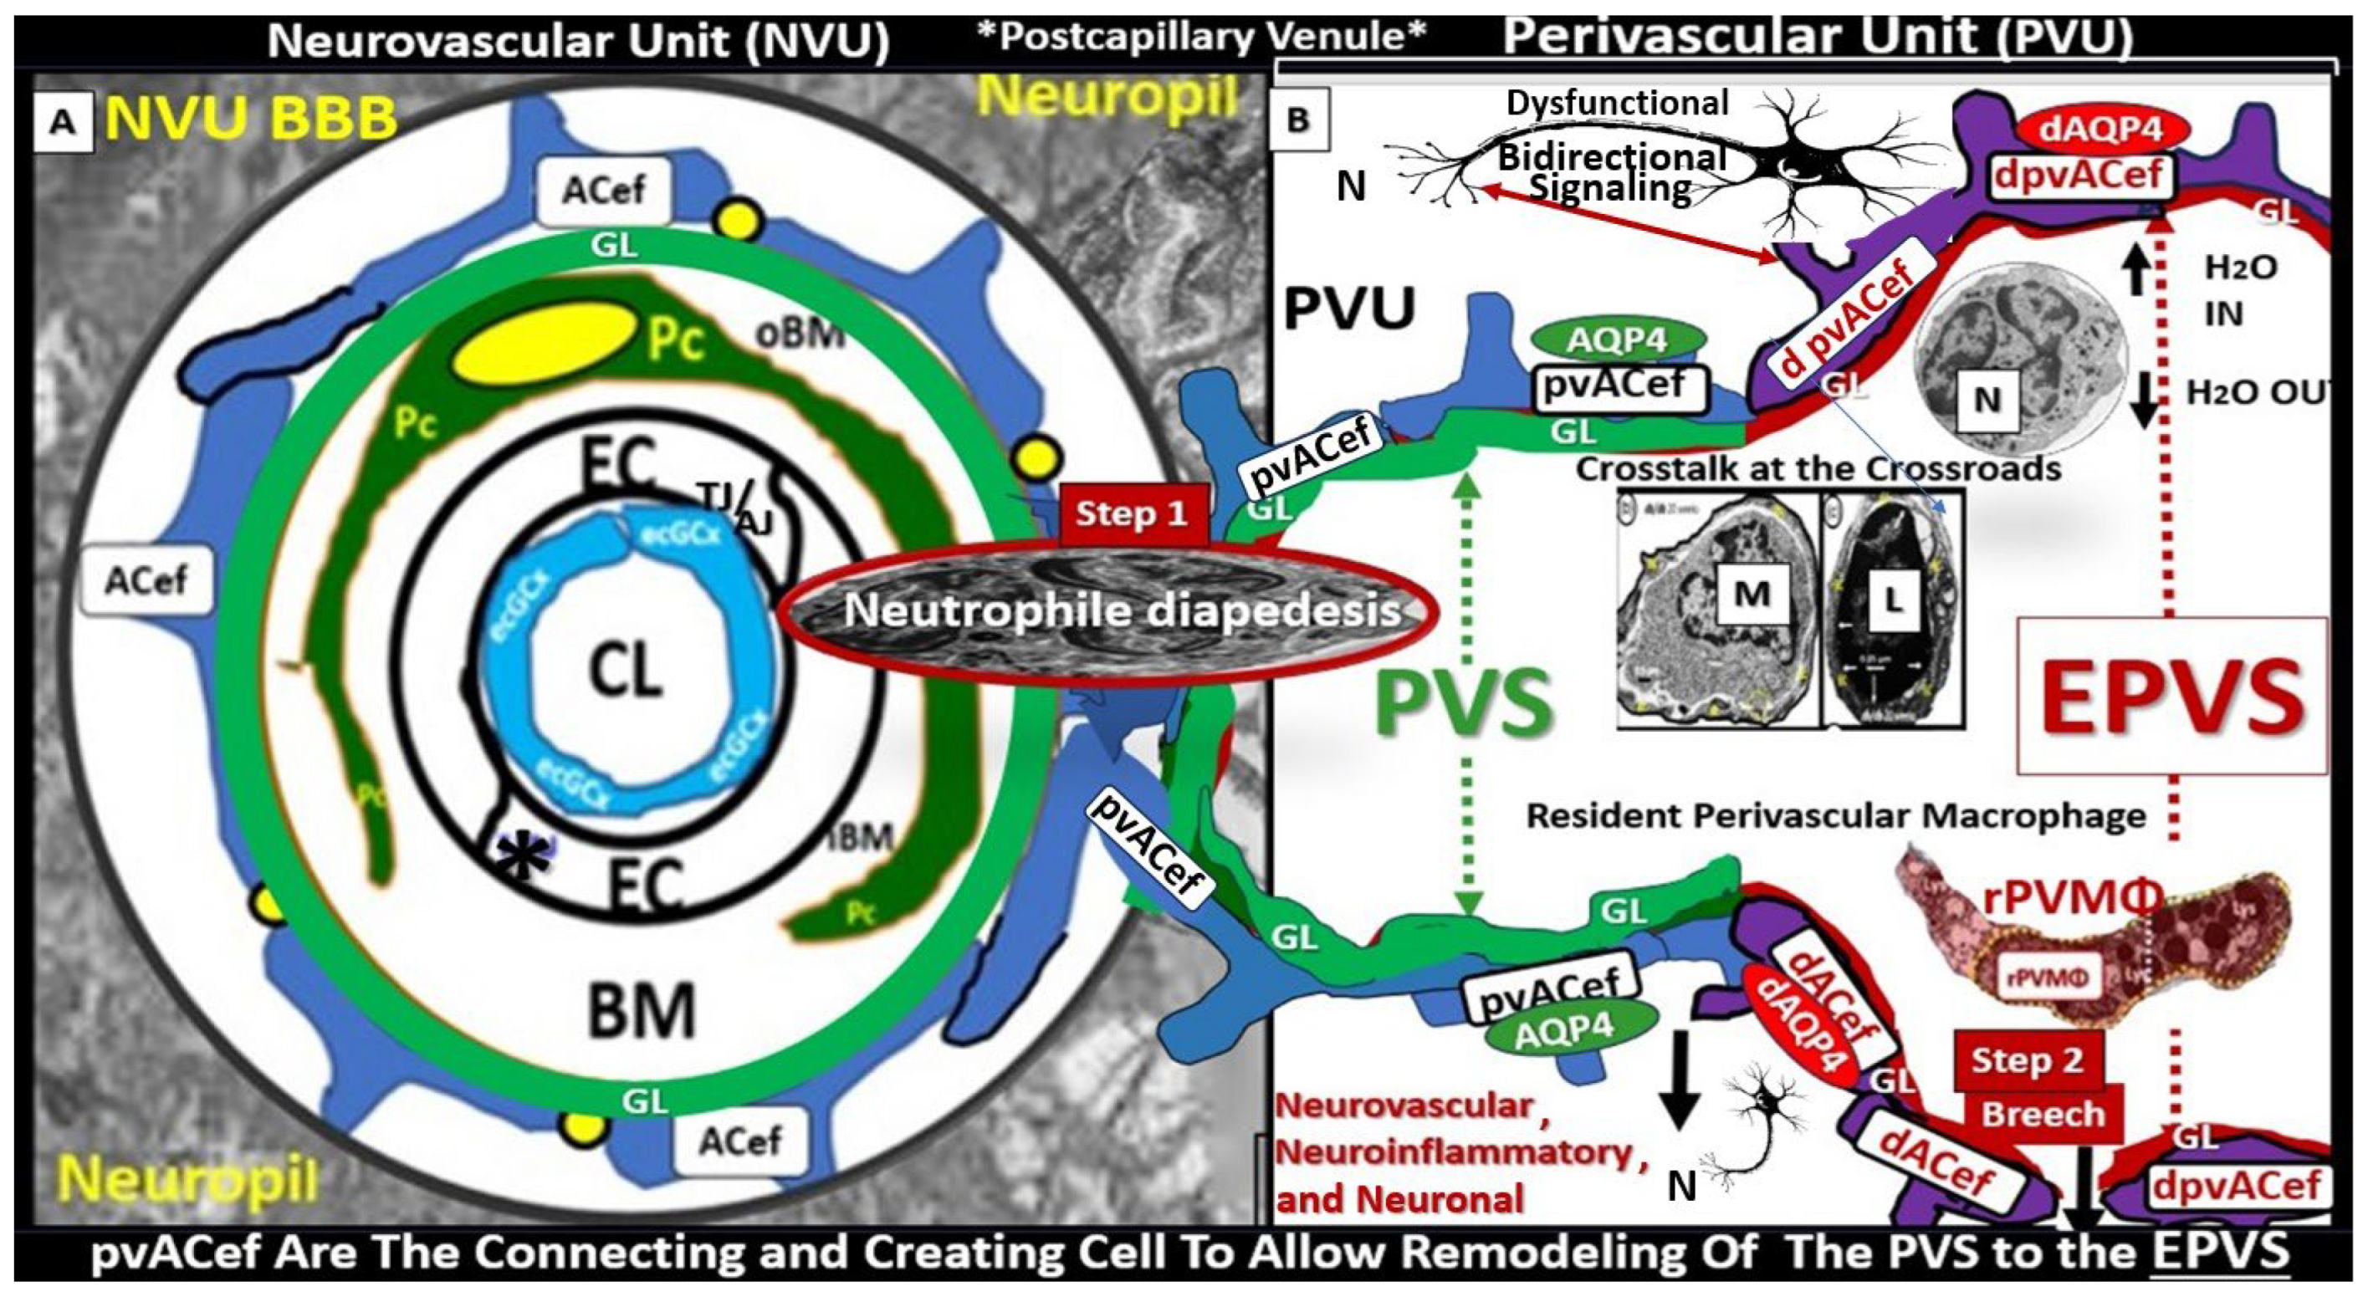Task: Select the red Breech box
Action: [x=2043, y=1114]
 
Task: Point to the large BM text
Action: [x=641, y=1008]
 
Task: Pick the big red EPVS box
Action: [x=2172, y=695]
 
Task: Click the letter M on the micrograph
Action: [x=1752, y=594]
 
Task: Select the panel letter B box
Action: [x=1297, y=120]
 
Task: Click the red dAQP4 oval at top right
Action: [x=2105, y=130]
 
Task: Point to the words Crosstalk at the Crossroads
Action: [x=1818, y=469]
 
